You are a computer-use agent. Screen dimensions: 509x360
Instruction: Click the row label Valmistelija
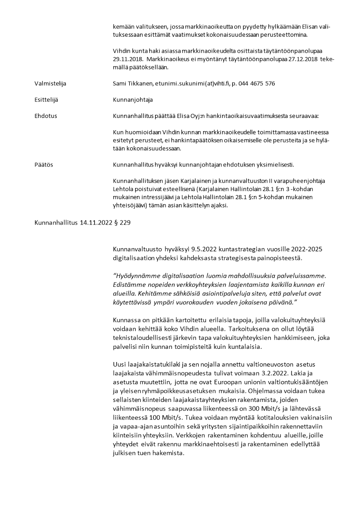[50, 83]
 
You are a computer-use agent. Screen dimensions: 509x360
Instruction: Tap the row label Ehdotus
[46, 116]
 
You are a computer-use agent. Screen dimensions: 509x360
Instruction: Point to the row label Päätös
[44, 164]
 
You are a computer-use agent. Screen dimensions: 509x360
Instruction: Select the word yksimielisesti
[276, 164]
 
